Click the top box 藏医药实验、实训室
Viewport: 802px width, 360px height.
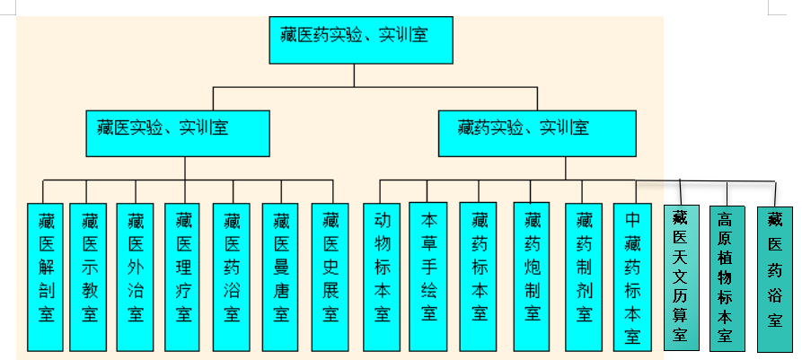[355, 40]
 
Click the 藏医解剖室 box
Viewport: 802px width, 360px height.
[47, 276]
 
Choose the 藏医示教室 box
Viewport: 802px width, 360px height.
[88, 276]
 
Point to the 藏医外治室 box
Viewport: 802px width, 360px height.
[136, 276]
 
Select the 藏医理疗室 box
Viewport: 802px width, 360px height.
[184, 276]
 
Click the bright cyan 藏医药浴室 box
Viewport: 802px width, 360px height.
[233, 276]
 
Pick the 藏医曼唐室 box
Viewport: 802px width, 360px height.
[281, 276]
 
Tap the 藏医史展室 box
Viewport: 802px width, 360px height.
[330, 276]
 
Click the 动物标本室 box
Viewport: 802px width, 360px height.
[382, 276]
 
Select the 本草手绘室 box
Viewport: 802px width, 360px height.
[428, 276]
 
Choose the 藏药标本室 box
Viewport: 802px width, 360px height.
[478, 276]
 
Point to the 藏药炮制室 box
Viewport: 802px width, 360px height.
[533, 276]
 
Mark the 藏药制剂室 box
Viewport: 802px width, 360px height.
[584, 276]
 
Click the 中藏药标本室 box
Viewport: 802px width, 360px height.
[632, 276]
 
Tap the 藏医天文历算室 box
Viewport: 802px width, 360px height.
[681, 278]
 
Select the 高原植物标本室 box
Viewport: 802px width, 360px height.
[727, 278]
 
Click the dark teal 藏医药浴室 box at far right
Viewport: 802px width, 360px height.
[774, 278]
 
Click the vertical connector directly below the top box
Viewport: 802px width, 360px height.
[355, 75]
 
